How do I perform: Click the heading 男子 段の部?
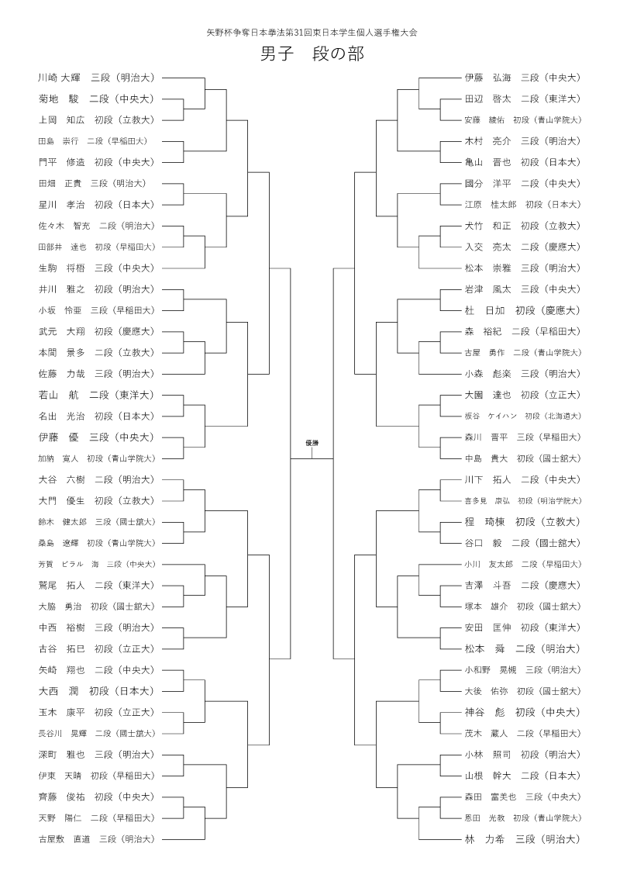click(312, 54)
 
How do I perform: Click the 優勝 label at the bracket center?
click(312, 442)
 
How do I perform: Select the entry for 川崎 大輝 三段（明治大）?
click(96, 78)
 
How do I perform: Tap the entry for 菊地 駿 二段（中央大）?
click(96, 99)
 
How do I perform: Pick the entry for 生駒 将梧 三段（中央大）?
click(96, 268)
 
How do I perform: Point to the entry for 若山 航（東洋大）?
click(96, 395)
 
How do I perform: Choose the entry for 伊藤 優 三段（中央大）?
click(96, 437)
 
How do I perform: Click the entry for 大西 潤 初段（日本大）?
click(96, 690)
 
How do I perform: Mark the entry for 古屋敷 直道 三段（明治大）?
click(96, 838)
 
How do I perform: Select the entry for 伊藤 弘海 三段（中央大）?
click(522, 78)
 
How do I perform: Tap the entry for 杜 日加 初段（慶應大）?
click(522, 310)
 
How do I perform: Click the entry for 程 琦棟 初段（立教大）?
click(522, 521)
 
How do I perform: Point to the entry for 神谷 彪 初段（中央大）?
click(522, 712)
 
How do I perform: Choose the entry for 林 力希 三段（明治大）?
click(522, 838)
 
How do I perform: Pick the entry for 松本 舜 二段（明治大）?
click(522, 648)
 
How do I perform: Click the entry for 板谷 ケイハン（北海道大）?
click(522, 416)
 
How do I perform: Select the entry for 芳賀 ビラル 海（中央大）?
click(96, 564)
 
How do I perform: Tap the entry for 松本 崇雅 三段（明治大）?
click(522, 268)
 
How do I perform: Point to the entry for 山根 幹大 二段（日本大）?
click(522, 775)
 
